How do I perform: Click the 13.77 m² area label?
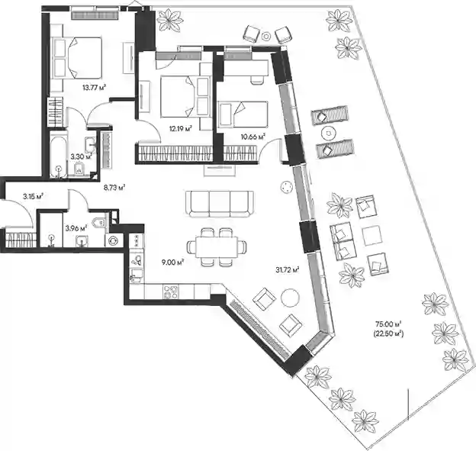[94, 88]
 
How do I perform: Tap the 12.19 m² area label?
[181, 129]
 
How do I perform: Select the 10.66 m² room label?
[253, 137]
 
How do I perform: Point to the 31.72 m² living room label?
[288, 269]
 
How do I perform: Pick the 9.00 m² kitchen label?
[172, 262]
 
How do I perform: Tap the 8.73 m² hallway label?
[114, 188]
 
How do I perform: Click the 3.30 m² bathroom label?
[81, 156]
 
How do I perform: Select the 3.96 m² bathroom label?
[76, 227]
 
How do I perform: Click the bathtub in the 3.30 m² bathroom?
[58, 153]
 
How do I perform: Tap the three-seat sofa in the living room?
[220, 204]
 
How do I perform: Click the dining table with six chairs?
[217, 247]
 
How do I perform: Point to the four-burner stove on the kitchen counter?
[171, 292]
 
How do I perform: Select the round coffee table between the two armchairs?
[290, 298]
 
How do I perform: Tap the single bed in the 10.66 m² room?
[243, 114]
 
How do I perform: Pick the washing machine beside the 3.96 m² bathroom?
[114, 240]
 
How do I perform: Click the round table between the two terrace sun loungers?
[328, 133]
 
